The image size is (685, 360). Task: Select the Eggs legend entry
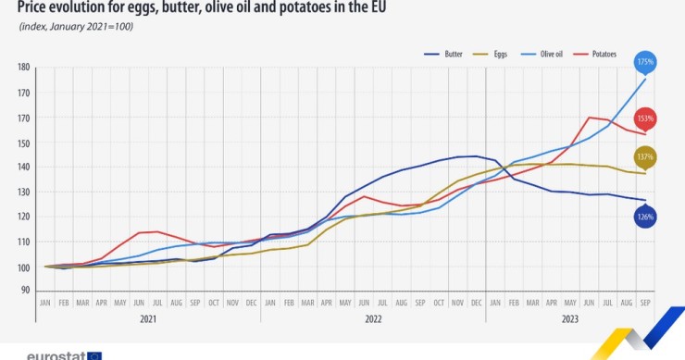(x=498, y=55)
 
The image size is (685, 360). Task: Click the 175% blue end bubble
(x=645, y=63)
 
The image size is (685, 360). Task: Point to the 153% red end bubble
(x=645, y=119)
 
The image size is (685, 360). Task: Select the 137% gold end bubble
(x=645, y=158)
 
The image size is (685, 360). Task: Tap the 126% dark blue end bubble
(x=645, y=217)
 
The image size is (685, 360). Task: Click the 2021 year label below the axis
(x=148, y=319)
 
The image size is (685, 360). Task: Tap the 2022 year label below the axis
(x=372, y=319)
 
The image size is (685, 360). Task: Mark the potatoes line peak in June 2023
(x=590, y=118)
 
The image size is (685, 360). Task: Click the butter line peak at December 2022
(x=476, y=155)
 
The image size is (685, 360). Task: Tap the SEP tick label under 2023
(x=645, y=303)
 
